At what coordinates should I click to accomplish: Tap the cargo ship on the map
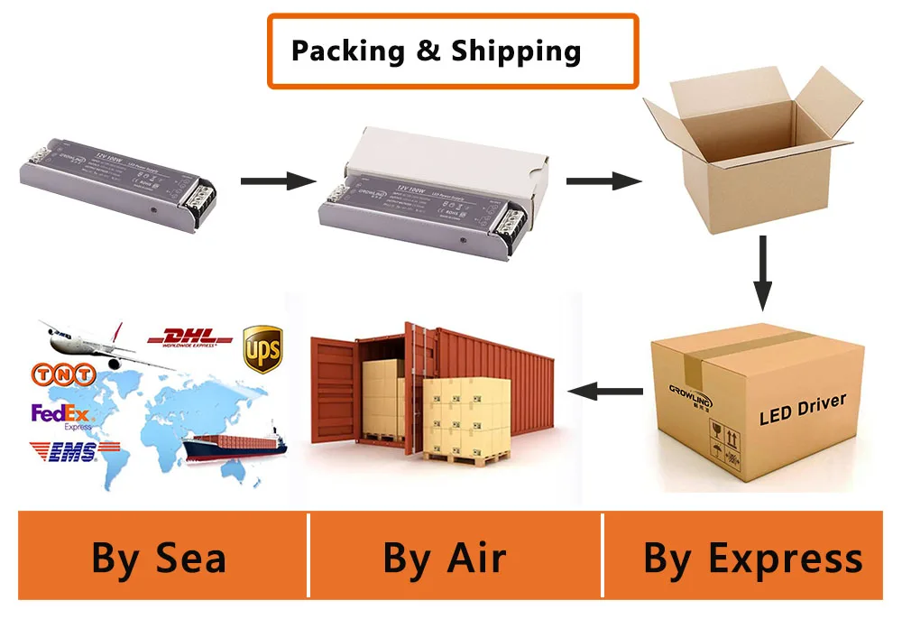click(234, 442)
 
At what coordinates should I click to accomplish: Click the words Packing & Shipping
click(436, 51)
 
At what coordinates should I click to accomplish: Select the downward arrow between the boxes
click(762, 271)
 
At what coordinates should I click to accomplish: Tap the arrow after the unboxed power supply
click(278, 180)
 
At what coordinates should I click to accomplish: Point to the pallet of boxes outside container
click(466, 420)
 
